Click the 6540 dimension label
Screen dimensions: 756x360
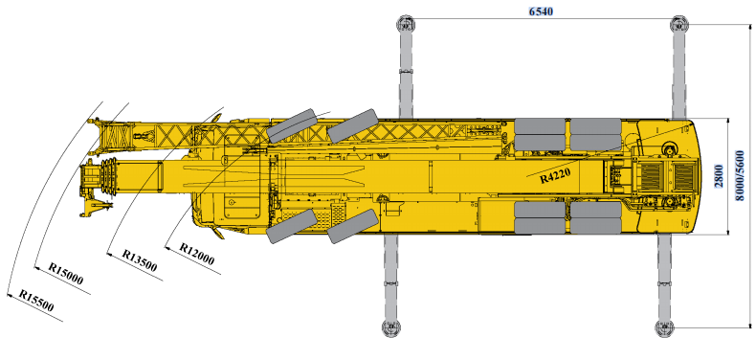[x=541, y=11]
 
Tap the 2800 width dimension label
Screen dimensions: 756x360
[x=719, y=176]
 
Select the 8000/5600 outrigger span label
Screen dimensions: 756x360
[x=740, y=175]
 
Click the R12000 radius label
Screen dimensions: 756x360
[x=197, y=254]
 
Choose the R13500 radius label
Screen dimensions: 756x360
[x=140, y=260]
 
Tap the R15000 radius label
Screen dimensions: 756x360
[x=66, y=274]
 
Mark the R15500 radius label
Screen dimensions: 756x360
[x=36, y=301]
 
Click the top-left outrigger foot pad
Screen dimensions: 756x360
[x=406, y=24]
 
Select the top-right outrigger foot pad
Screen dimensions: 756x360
[x=679, y=24]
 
